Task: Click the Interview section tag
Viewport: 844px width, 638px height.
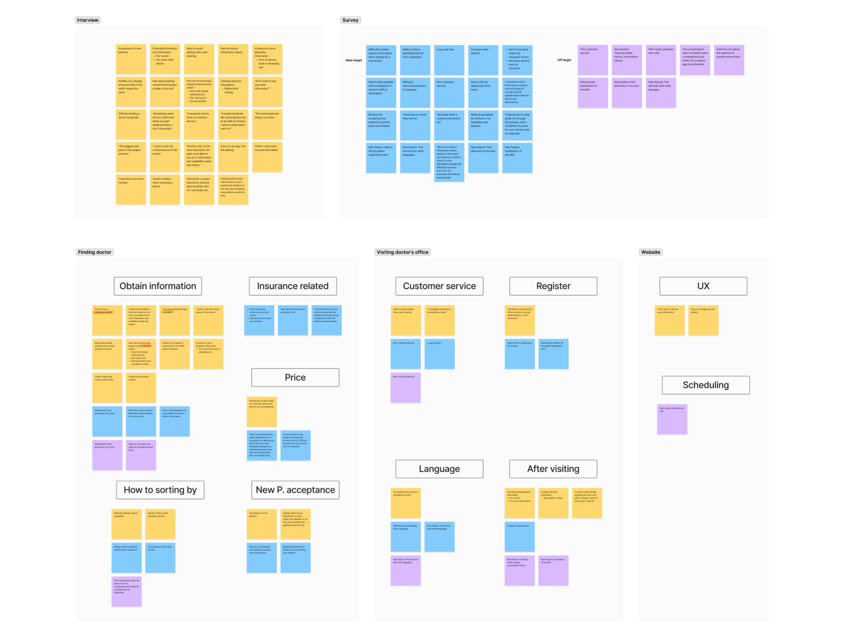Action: (88, 20)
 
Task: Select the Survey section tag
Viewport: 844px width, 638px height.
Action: (350, 20)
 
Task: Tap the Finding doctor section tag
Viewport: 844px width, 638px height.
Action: (95, 252)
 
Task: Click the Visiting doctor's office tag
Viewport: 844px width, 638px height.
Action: (403, 252)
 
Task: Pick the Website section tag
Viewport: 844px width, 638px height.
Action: (651, 252)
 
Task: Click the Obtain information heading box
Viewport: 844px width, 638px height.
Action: (158, 286)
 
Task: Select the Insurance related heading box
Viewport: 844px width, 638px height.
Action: (292, 286)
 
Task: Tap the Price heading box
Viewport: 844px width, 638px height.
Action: (295, 378)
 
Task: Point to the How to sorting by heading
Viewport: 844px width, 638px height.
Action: (160, 490)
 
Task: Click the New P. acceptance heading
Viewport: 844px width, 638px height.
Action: (295, 490)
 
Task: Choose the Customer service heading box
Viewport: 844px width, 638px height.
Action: (440, 286)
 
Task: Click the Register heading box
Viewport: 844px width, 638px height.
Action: (553, 286)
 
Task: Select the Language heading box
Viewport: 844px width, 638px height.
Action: (440, 469)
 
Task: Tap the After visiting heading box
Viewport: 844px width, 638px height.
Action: (553, 469)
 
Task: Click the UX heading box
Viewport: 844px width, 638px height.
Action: (703, 286)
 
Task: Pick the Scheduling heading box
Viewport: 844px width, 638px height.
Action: (706, 385)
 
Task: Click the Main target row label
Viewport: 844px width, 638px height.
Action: (353, 60)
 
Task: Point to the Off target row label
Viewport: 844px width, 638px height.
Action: (564, 60)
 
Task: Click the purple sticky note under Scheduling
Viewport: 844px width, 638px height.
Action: (672, 419)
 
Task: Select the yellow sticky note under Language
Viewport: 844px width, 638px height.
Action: (406, 503)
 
